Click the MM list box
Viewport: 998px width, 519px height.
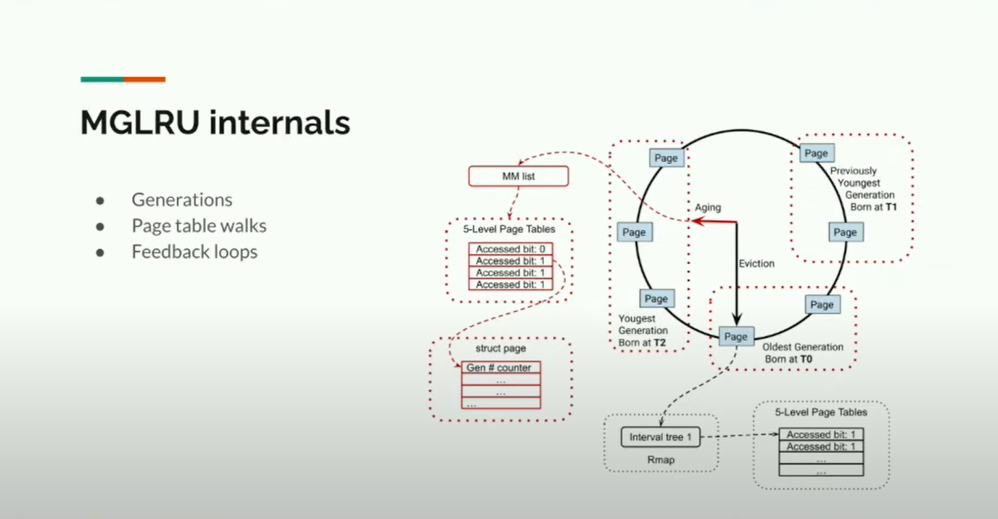coord(518,176)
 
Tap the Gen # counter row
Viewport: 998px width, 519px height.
coord(500,368)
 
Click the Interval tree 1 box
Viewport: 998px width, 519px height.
coord(660,438)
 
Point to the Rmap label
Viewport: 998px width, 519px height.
coord(661,460)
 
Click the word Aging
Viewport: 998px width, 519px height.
coord(708,208)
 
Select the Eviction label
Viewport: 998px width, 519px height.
coord(756,263)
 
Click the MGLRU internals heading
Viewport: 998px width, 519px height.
coord(215,123)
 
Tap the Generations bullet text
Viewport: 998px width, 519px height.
coord(181,200)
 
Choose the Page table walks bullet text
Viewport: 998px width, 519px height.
coord(199,226)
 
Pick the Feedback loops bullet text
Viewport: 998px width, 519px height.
coord(194,252)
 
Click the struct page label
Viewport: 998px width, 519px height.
coord(500,349)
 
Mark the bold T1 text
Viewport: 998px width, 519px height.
coord(891,207)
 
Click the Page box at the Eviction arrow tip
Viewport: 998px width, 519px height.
coord(735,337)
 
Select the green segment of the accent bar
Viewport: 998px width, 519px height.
coord(102,79)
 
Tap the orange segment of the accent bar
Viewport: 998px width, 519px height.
coord(144,79)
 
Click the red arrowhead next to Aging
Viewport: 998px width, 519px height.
coord(696,221)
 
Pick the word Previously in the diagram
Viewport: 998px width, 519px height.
coord(853,171)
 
